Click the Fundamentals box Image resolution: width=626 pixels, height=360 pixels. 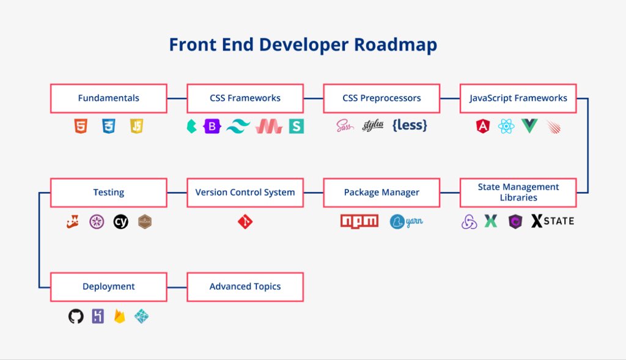click(x=109, y=98)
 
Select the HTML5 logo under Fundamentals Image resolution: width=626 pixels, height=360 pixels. click(x=81, y=126)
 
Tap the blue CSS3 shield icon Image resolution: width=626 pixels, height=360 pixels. click(x=109, y=126)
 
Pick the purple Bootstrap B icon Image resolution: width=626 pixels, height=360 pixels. click(x=212, y=127)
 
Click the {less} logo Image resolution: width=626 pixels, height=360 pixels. click(x=410, y=125)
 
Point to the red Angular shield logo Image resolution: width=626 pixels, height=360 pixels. click(x=483, y=127)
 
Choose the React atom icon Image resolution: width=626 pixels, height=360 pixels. click(x=506, y=127)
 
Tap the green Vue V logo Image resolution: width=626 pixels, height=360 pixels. click(x=529, y=126)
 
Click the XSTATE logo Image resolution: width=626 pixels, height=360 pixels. click(x=553, y=221)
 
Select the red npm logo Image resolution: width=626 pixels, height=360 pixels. click(x=359, y=221)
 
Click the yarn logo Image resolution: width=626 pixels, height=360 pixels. click(x=406, y=221)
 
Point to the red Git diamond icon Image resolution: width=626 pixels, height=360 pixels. click(x=245, y=221)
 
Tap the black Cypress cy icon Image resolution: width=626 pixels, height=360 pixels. click(x=120, y=221)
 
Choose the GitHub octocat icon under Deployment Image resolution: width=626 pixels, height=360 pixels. click(x=76, y=317)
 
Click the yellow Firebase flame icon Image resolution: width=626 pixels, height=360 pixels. click(x=120, y=317)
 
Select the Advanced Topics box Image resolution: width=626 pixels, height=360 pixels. click(x=245, y=287)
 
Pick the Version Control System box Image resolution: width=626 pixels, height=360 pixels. click(x=245, y=193)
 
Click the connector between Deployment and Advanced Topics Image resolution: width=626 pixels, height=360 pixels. click(x=177, y=287)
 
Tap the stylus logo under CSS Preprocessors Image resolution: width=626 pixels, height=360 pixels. click(x=373, y=125)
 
